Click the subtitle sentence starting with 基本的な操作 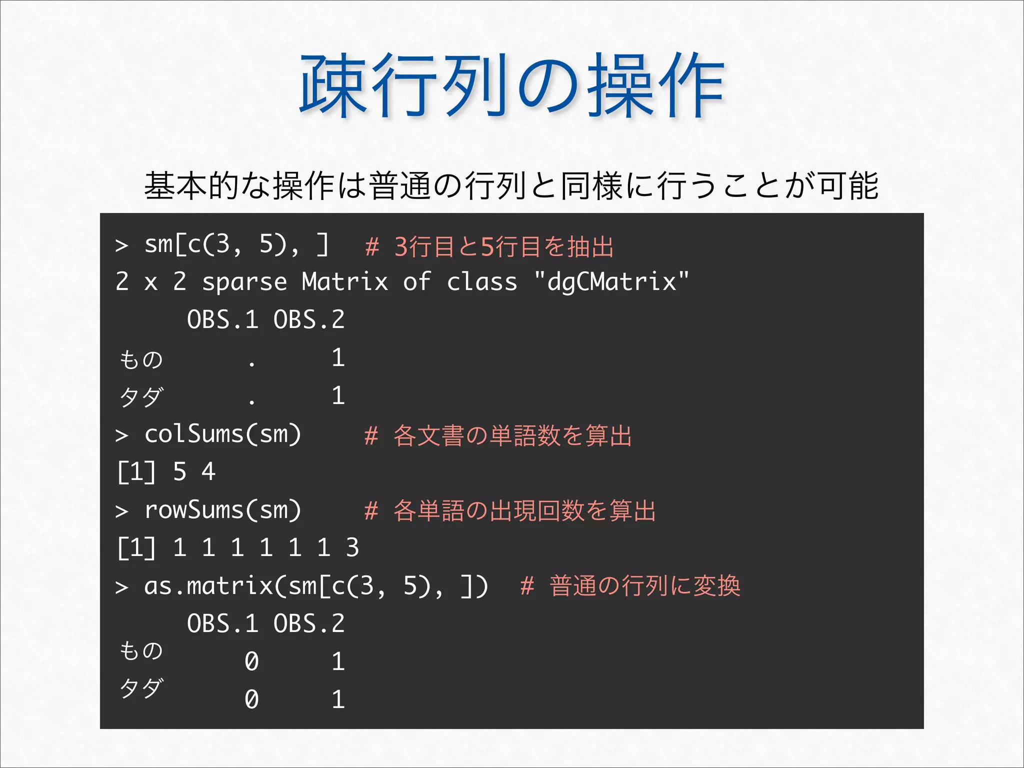[511, 185]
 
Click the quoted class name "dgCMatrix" [611, 281]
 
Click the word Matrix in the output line [345, 281]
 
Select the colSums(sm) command [222, 434]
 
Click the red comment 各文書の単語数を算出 [512, 435]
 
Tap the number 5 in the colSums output [179, 471]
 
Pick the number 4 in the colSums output [208, 471]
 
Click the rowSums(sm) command [222, 510]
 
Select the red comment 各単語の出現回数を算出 [524, 511]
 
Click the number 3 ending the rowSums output [352, 547]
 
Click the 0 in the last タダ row [251, 699]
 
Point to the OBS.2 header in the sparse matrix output [309, 319]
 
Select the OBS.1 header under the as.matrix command [222, 623]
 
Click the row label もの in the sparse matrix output [141, 359]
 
